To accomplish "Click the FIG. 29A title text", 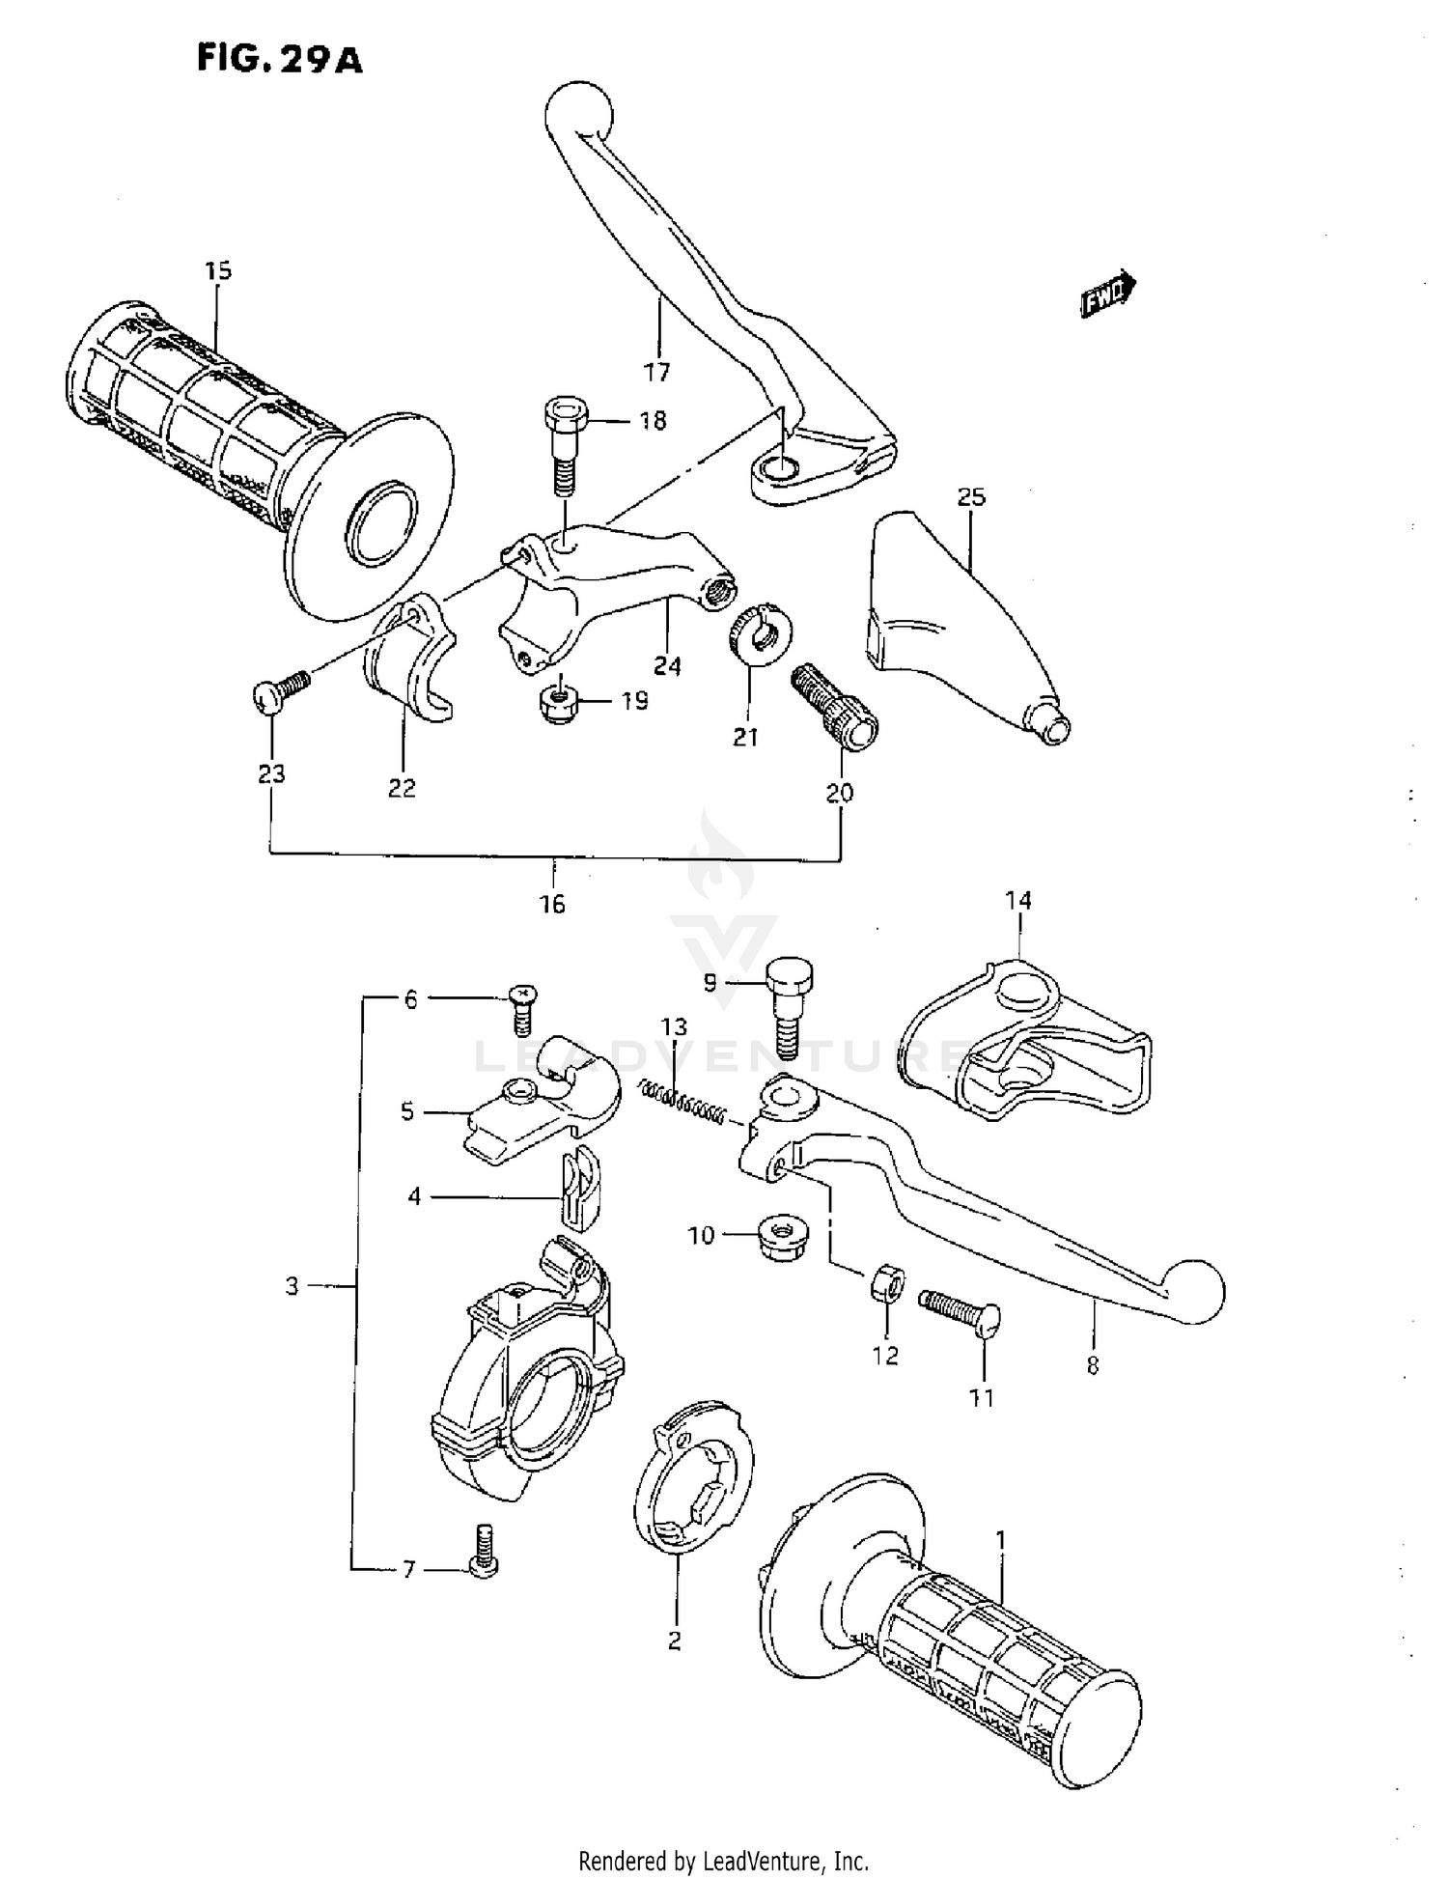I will [x=279, y=59].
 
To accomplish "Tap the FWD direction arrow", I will [x=1108, y=294].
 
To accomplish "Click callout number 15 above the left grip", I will [x=218, y=271].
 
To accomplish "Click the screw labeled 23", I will [x=279, y=691].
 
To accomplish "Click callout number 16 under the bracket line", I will [x=552, y=905].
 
